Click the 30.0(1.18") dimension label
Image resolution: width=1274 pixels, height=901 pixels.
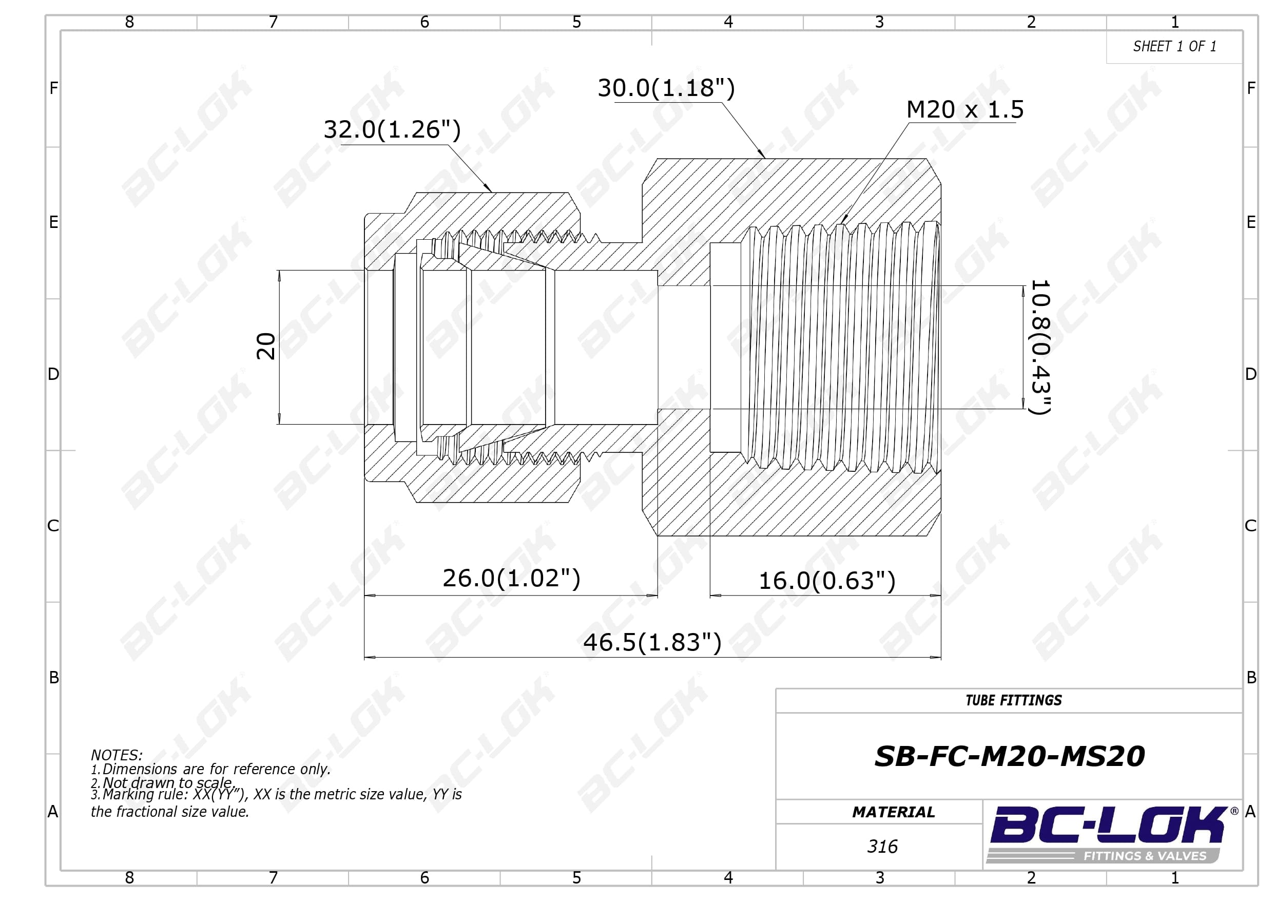click(x=666, y=88)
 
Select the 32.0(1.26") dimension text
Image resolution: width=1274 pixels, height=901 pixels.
click(x=392, y=129)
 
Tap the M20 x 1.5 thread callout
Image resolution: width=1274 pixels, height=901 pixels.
click(x=965, y=109)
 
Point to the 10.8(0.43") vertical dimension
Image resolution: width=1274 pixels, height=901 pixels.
click(x=1040, y=347)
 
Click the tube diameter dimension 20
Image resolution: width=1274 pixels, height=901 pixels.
click(x=266, y=347)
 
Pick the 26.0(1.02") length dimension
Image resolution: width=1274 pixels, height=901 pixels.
click(x=511, y=578)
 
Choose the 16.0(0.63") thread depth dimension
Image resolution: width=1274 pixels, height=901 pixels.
click(x=827, y=581)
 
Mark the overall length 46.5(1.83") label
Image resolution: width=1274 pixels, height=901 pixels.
click(x=652, y=642)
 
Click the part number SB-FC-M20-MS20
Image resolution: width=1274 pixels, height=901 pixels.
click(x=1009, y=756)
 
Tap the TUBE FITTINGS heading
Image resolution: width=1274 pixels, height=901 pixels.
click(x=1014, y=701)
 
